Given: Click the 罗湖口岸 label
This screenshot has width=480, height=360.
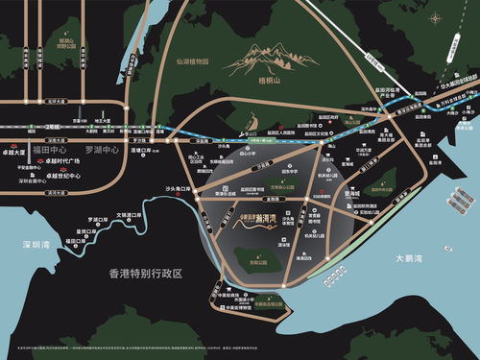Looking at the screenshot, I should click(99, 217).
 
